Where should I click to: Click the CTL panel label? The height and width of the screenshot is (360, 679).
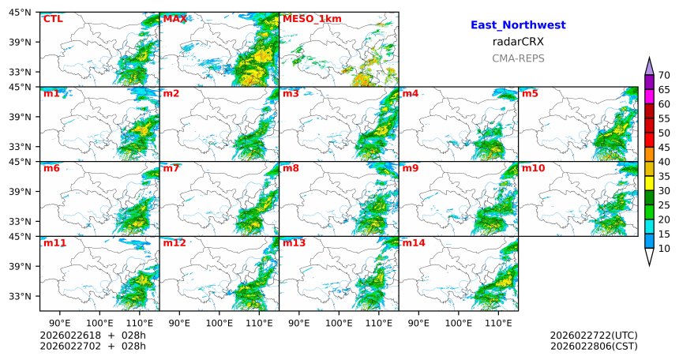pos(53,19)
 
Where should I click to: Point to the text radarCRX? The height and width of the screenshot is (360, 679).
pos(518,42)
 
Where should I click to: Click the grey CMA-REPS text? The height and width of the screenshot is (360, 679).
pos(518,58)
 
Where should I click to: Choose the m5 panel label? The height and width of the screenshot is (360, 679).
pos(530,94)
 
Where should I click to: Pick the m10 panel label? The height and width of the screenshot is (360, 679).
pos(533,168)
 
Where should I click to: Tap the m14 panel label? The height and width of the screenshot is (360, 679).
pos(414,243)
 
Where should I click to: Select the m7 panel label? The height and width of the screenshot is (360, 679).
pos(171,168)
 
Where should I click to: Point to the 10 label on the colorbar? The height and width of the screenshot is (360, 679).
pos(664,249)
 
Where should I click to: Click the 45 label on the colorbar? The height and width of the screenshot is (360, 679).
pos(664,162)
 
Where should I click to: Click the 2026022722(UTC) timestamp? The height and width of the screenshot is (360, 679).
pos(594,336)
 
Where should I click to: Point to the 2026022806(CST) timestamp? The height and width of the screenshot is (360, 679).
pos(594,346)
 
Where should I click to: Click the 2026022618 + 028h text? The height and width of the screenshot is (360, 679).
pos(93,336)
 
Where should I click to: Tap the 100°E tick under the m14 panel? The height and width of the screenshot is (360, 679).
pos(458,322)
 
